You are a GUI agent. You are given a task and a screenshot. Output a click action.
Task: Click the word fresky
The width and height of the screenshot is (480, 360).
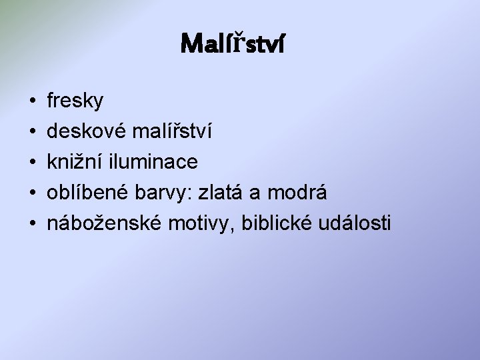(x=75, y=101)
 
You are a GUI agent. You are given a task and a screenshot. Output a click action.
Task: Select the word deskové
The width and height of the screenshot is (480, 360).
(x=85, y=131)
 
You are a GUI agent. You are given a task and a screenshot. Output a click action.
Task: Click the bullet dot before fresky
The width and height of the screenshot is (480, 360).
(x=32, y=101)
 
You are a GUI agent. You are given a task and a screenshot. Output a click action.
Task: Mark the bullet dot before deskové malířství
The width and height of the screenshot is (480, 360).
(x=32, y=132)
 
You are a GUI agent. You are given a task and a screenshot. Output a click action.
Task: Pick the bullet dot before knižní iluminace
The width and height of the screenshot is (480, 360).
(x=32, y=163)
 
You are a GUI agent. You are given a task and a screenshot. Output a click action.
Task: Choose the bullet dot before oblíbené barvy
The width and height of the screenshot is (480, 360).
(x=32, y=193)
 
